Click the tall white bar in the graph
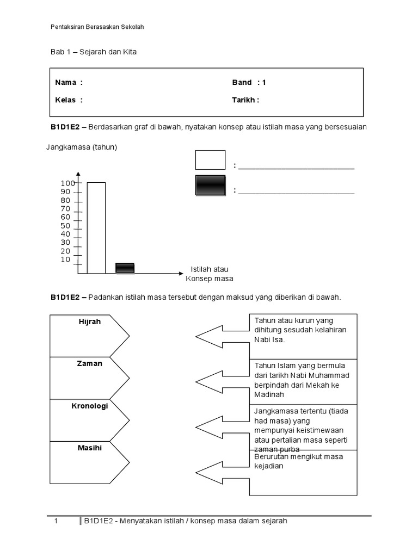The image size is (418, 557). pos(96,227)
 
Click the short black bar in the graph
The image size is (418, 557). pos(125,268)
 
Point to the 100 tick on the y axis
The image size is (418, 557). pos(68,184)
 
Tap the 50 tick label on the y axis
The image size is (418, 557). pos(66,226)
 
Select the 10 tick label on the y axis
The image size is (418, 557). pos(66,259)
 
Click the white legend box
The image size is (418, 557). pos(210,160)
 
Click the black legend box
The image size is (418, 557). pos(210,185)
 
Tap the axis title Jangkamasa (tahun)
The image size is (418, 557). pos(82,147)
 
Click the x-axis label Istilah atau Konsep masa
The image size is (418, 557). pos(210,274)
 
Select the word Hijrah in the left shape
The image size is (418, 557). pos(90,321)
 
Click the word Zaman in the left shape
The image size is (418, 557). pos(90,363)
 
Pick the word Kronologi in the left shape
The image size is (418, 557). pos(90,406)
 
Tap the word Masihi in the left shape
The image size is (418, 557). pos(90,448)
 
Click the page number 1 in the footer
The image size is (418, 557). pos(56,521)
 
